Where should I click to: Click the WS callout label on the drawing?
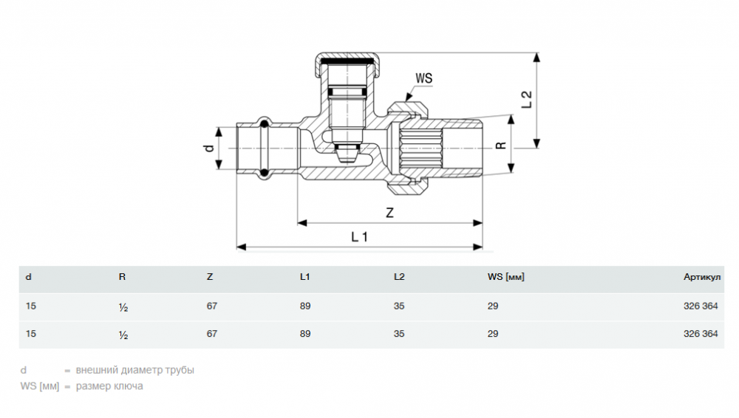(x=423, y=78)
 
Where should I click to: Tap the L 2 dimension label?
(x=526, y=100)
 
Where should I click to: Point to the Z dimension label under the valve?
(x=389, y=213)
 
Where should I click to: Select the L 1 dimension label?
(x=359, y=237)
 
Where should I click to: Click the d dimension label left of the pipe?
(x=209, y=148)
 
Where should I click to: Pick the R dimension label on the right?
(x=500, y=145)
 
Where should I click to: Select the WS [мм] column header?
(x=505, y=278)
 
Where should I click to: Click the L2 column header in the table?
(x=399, y=278)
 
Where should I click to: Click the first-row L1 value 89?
(x=305, y=305)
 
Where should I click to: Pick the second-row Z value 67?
(x=212, y=334)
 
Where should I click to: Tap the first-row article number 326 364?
(x=701, y=305)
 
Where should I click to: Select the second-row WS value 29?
(x=493, y=334)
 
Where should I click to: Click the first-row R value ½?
(x=123, y=306)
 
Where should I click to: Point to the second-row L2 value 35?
(x=399, y=334)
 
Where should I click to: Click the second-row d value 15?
(x=30, y=334)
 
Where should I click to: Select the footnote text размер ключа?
(x=109, y=386)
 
